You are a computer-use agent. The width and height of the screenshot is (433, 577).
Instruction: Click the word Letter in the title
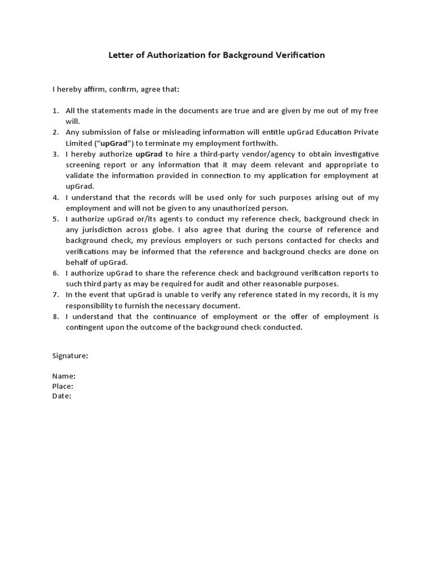pos(120,55)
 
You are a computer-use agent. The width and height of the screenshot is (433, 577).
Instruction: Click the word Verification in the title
pos(298,55)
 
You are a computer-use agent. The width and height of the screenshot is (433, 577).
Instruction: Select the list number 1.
pos(56,110)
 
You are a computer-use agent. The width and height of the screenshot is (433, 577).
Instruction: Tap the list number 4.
pos(56,198)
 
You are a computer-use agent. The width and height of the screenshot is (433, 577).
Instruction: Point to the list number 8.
pos(56,317)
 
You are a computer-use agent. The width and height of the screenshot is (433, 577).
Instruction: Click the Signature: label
pos(70,356)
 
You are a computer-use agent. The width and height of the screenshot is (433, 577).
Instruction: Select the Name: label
pos(64,376)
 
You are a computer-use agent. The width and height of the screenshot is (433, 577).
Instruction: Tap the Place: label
pos(63,386)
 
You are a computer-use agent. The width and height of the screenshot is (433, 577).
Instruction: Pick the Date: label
pos(62,396)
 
